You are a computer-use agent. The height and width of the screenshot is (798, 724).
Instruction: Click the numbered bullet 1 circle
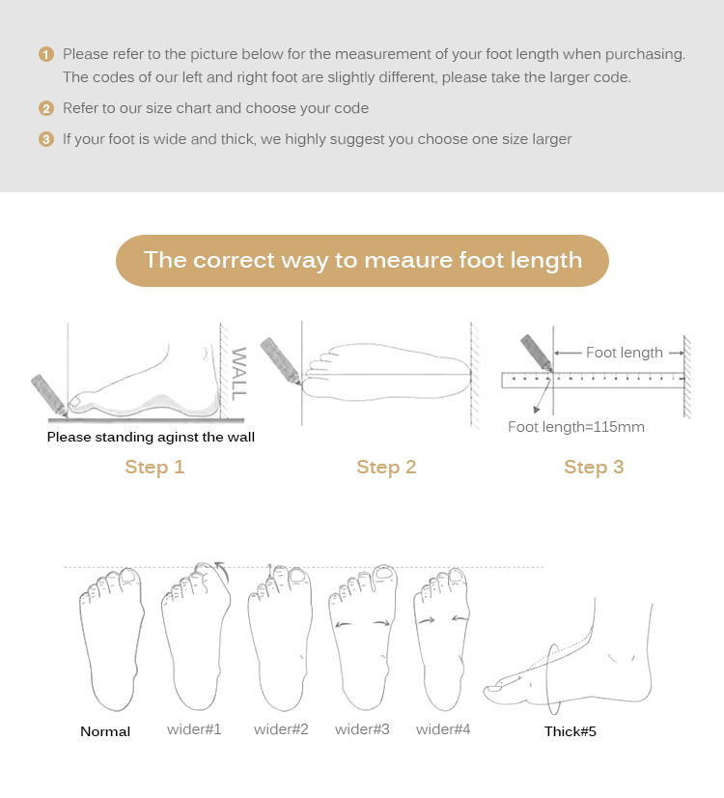(x=46, y=54)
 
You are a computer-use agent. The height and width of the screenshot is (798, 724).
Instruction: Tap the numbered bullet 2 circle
(x=46, y=108)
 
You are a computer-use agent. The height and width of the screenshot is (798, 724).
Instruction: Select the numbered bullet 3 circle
(x=46, y=139)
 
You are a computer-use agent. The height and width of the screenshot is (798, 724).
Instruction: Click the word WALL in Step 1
(x=238, y=374)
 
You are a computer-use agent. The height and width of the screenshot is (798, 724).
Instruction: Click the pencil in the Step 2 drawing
(x=281, y=360)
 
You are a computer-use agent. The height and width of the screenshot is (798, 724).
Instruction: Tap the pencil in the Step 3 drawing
(x=537, y=353)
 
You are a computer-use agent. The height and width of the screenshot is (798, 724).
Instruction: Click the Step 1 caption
(x=154, y=468)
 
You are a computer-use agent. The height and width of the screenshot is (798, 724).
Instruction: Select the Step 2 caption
(x=386, y=468)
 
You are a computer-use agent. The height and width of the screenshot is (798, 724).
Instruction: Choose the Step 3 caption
(x=594, y=468)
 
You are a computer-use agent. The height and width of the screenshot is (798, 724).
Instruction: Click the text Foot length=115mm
(x=576, y=427)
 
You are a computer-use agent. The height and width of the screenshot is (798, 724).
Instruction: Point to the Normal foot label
(x=105, y=732)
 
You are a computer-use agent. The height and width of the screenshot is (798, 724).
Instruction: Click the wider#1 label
(x=194, y=729)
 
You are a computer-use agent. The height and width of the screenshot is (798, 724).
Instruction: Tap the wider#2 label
(x=281, y=729)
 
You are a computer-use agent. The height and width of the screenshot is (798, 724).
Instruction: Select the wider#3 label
(x=362, y=729)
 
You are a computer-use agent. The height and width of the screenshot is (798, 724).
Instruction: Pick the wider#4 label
(x=443, y=729)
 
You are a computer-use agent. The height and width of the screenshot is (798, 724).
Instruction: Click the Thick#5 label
(x=570, y=732)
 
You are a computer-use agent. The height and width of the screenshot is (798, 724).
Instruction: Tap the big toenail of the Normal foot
(x=128, y=576)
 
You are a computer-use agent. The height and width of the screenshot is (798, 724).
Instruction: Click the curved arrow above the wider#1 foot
(x=223, y=571)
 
